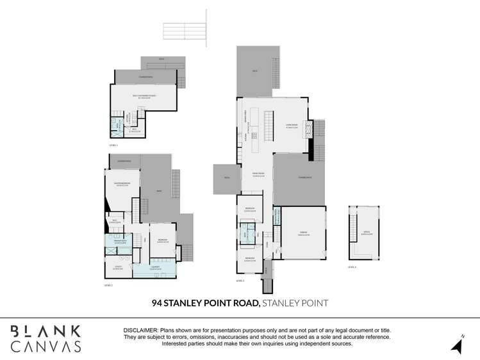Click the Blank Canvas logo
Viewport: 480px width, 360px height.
pos(45,338)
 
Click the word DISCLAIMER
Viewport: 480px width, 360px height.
pos(141,329)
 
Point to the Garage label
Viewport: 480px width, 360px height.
pos(304,234)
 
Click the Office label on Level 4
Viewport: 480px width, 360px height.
pos(367,234)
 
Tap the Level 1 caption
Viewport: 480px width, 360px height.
pos(113,146)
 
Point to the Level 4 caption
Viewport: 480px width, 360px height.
pos(352,267)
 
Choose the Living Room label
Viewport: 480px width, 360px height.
pos(292,126)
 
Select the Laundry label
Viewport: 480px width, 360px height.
pos(154,268)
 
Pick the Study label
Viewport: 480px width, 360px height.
pos(118,268)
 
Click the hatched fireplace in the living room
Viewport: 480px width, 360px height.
pos(306,130)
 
